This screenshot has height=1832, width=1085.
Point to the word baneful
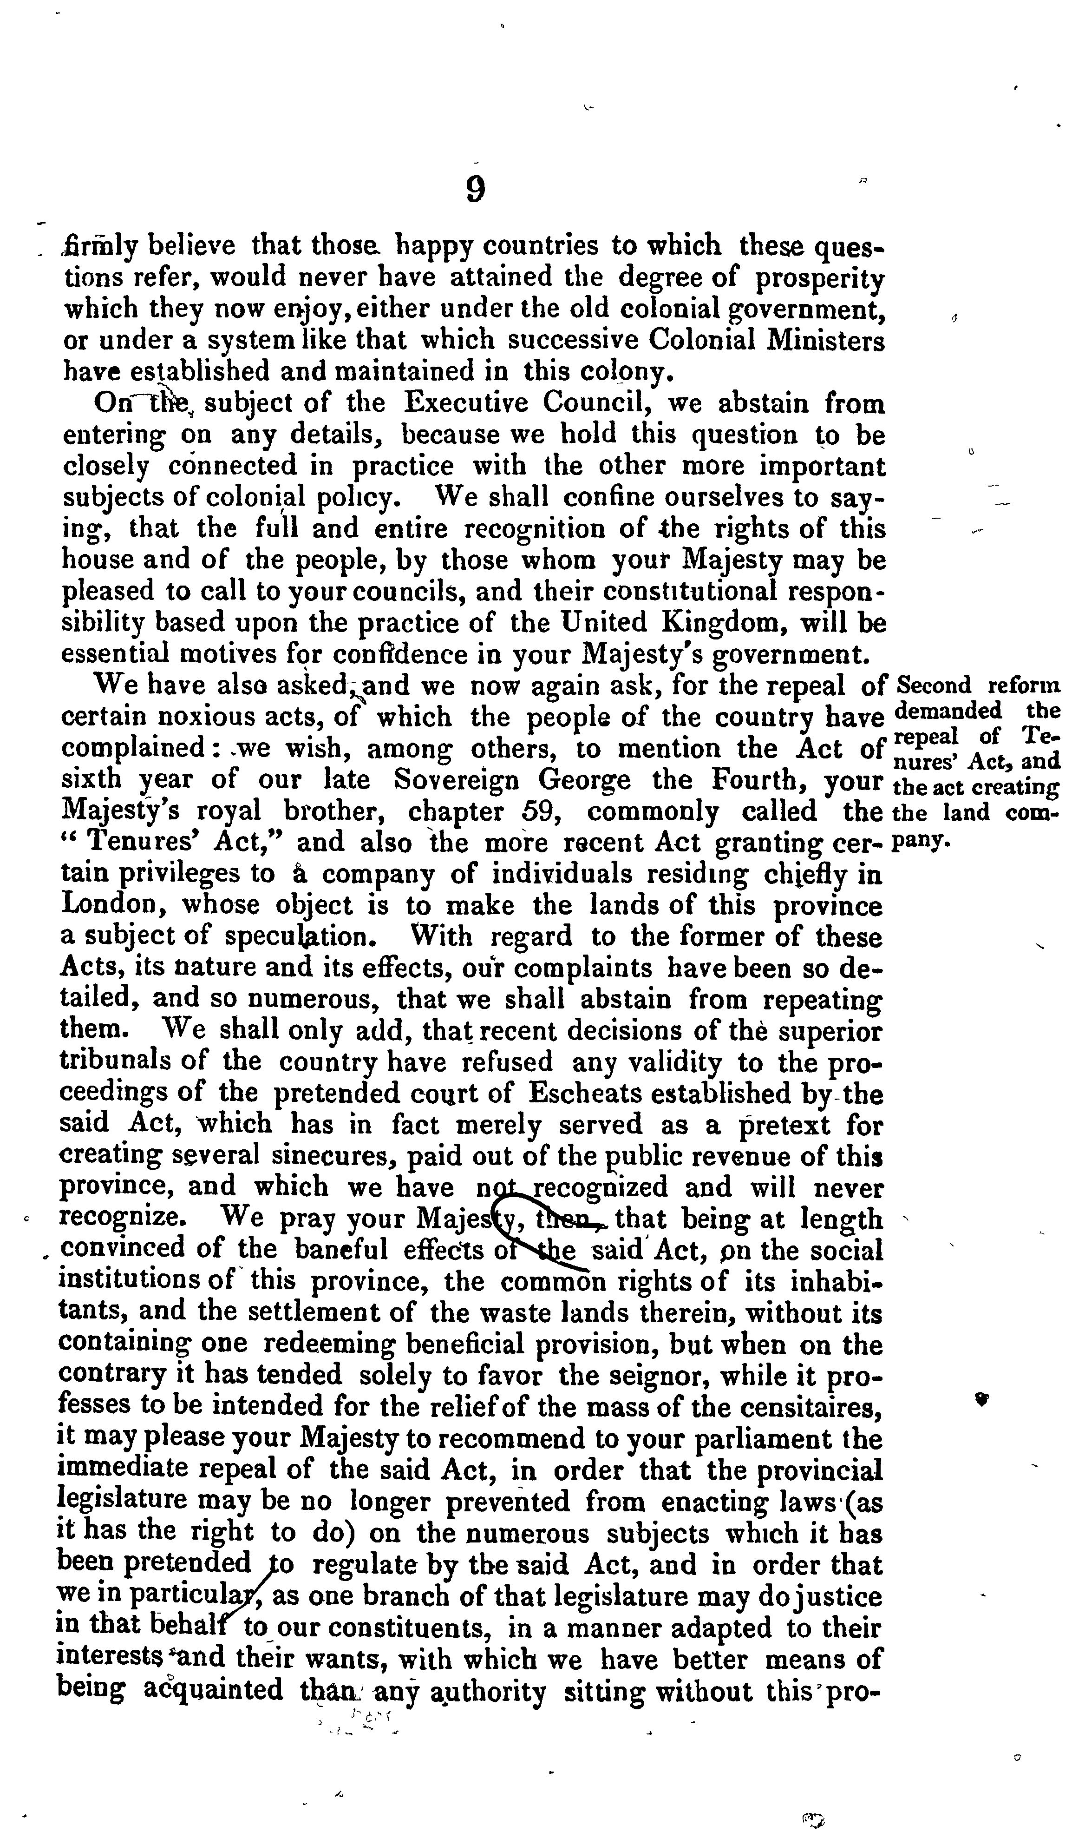(341, 1251)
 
